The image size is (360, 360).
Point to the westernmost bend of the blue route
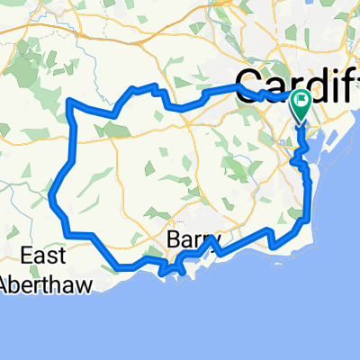coord(52,196)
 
